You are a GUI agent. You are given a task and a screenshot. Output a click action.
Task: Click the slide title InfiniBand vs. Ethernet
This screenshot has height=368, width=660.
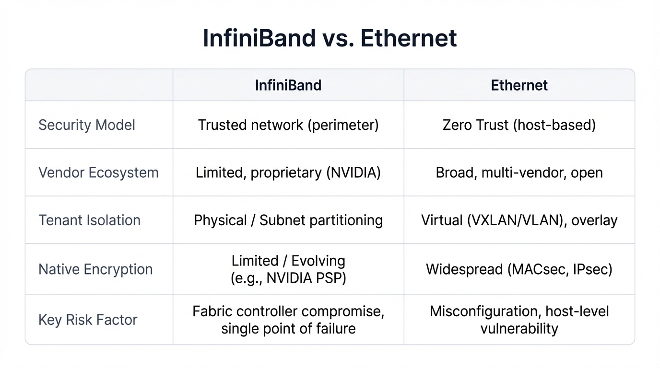(x=330, y=38)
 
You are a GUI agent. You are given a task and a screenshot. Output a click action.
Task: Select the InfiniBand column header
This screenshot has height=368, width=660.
(x=288, y=85)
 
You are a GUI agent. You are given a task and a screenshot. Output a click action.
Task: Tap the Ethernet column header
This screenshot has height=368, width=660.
(x=519, y=85)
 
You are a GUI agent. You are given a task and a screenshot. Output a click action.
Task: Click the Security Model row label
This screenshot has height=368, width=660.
(x=87, y=125)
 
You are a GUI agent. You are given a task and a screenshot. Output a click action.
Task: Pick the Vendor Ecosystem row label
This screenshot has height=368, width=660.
(x=98, y=172)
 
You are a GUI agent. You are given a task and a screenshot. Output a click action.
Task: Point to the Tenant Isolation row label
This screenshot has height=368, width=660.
(x=89, y=220)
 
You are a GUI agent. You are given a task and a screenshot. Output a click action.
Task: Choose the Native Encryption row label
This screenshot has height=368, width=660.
(x=95, y=269)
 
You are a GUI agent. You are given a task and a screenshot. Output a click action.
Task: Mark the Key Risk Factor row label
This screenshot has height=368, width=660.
(x=88, y=320)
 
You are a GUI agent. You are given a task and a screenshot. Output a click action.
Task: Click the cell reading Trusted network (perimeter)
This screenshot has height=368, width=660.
(x=288, y=125)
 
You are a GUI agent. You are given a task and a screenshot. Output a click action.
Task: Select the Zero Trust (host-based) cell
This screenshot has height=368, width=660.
(x=519, y=125)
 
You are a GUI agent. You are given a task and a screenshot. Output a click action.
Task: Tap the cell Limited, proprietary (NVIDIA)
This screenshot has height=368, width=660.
(x=288, y=172)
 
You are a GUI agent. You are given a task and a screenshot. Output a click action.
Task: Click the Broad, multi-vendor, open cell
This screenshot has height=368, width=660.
(x=519, y=172)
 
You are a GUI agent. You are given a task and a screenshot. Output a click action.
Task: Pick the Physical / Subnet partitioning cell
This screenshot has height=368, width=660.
(x=288, y=220)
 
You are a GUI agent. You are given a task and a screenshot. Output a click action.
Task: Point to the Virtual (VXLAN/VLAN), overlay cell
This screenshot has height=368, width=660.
(x=519, y=220)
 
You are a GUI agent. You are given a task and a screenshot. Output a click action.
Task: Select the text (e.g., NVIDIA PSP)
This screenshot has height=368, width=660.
(x=288, y=278)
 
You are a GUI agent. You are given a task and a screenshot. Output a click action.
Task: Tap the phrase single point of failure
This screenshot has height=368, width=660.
(x=288, y=329)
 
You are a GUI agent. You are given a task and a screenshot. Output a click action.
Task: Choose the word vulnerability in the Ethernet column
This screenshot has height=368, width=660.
(x=519, y=329)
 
